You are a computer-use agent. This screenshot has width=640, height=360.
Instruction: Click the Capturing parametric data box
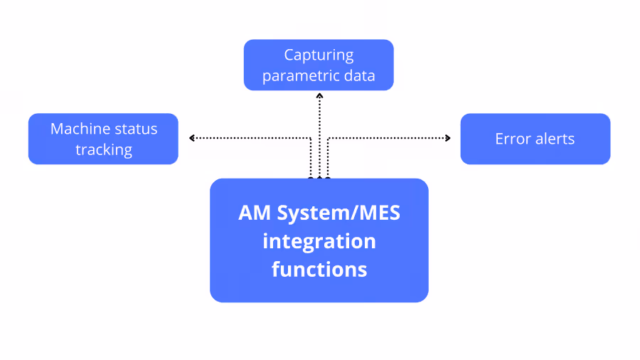point(319,65)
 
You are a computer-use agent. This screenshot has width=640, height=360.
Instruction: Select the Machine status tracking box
point(103,139)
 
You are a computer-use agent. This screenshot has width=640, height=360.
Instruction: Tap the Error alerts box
point(535,139)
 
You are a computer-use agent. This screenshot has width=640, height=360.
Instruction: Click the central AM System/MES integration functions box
point(319,240)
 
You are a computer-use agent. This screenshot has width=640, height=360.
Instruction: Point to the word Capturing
point(319,55)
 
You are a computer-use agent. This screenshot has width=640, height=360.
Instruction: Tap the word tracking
point(104,149)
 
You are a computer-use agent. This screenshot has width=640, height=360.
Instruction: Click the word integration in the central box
point(319,241)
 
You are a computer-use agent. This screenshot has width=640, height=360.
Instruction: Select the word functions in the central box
point(319,270)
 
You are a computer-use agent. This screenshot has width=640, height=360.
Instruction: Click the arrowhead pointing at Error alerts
point(448,138)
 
